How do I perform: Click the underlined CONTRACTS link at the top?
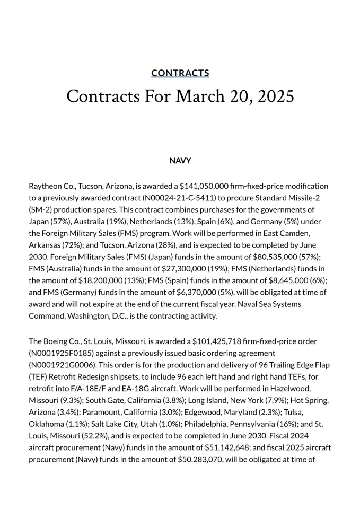click(180, 73)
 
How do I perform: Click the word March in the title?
click(200, 96)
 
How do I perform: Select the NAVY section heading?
click(180, 161)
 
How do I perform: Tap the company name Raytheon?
click(46, 186)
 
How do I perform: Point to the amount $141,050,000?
click(204, 186)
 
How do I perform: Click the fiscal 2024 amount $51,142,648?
click(223, 447)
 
